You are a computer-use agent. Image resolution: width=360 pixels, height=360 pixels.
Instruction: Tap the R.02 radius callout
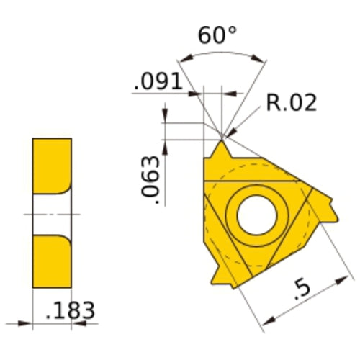tap(291, 103)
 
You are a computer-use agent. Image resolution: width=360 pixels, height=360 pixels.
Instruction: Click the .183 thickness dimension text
tap(69, 311)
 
